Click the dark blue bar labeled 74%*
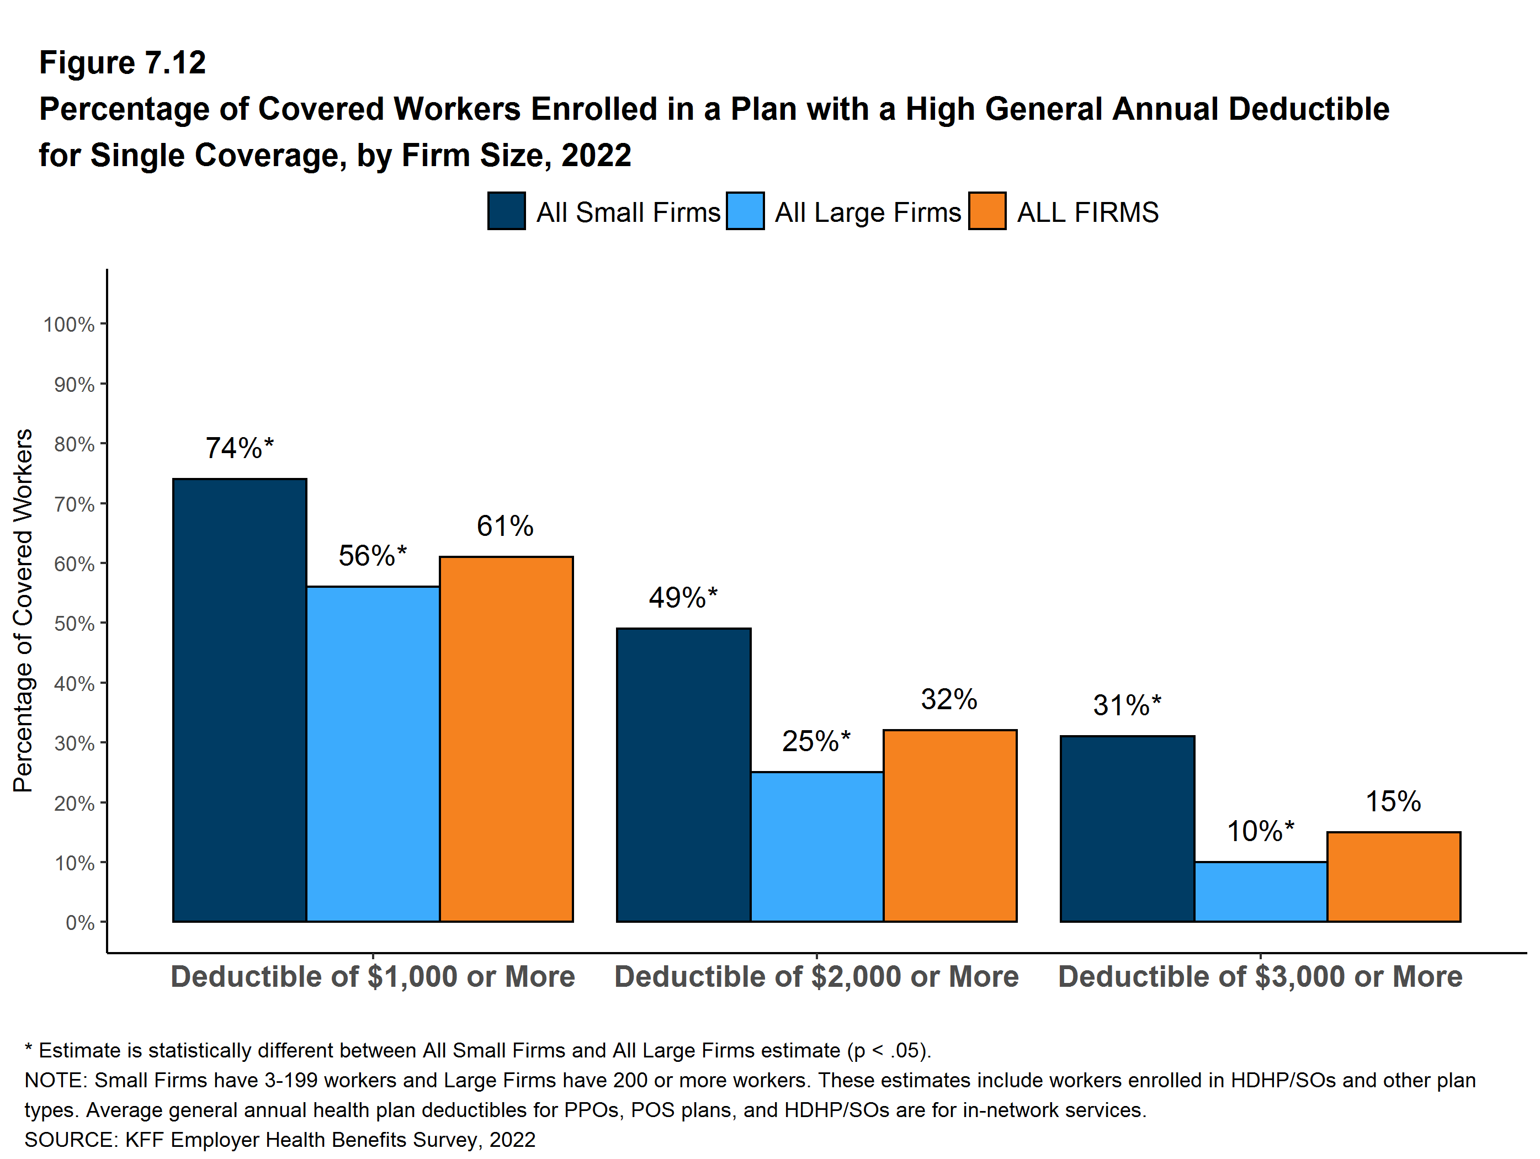click(240, 700)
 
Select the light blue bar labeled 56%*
click(373, 754)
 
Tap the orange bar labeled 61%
click(506, 738)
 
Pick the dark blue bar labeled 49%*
click(684, 775)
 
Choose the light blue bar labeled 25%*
click(817, 847)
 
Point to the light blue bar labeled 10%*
click(1261, 892)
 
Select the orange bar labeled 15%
click(1394, 876)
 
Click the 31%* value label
click(1127, 705)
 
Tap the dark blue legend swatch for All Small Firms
click(506, 211)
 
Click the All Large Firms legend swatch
click(745, 211)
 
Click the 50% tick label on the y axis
click(75, 624)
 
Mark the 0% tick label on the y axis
click(80, 923)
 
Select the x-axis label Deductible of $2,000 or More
click(817, 977)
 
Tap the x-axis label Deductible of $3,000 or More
click(1260, 977)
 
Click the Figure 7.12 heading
click(123, 63)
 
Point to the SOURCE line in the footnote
click(280, 1140)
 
